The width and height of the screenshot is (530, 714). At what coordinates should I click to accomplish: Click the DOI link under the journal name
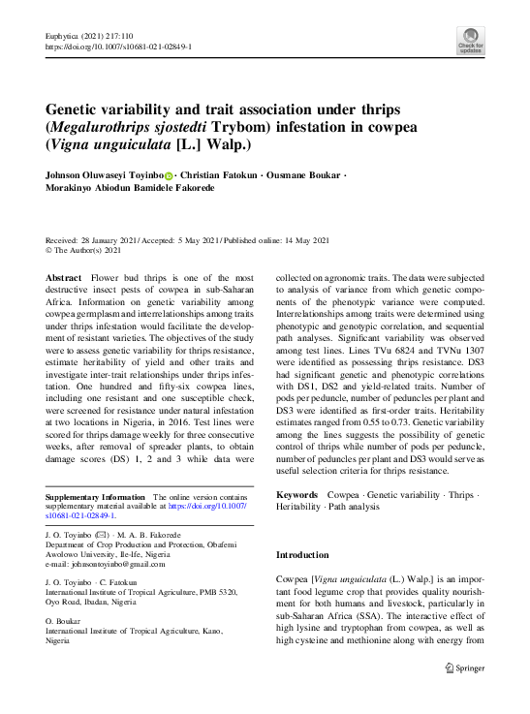[x=118, y=46]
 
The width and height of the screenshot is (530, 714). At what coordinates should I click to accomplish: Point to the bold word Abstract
[x=64, y=277]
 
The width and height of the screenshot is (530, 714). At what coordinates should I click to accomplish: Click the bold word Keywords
[x=296, y=494]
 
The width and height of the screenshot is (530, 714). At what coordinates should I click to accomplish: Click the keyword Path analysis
[x=352, y=508]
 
